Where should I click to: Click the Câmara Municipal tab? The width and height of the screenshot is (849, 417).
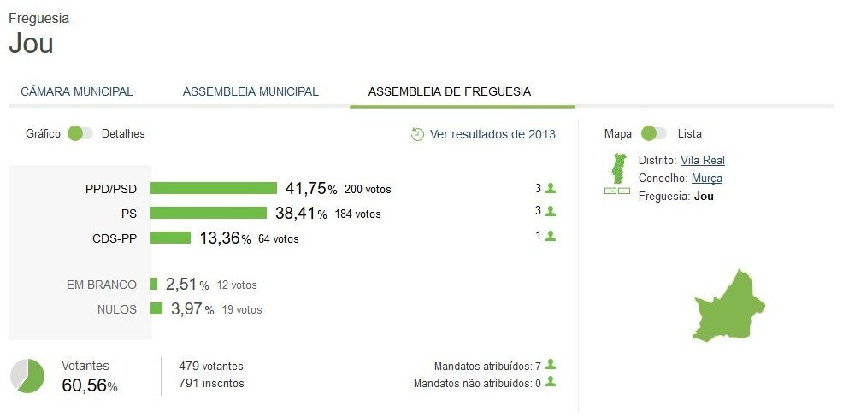tap(77, 91)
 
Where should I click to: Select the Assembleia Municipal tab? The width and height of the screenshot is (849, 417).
tap(251, 91)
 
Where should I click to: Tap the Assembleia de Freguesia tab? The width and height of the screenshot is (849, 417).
tap(449, 91)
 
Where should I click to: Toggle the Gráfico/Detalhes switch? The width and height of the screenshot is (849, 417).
tap(80, 133)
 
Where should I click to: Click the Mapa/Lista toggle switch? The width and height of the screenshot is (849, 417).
tap(654, 133)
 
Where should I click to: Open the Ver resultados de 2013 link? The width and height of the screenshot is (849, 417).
tap(484, 134)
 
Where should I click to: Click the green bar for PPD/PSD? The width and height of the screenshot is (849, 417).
tap(214, 188)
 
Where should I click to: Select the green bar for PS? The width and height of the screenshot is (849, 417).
tap(209, 213)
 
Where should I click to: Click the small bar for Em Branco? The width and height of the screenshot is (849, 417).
tap(154, 284)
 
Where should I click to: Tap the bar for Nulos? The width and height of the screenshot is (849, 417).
tap(156, 308)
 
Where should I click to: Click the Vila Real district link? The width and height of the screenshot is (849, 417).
tap(703, 160)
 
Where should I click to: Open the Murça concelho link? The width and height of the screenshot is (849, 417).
tap(707, 178)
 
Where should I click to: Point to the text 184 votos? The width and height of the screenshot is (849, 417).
tap(357, 214)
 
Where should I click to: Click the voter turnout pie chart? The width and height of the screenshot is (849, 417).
tap(27, 376)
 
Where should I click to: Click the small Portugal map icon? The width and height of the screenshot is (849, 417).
tap(616, 169)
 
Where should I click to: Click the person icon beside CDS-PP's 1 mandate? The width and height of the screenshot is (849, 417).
tap(551, 236)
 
